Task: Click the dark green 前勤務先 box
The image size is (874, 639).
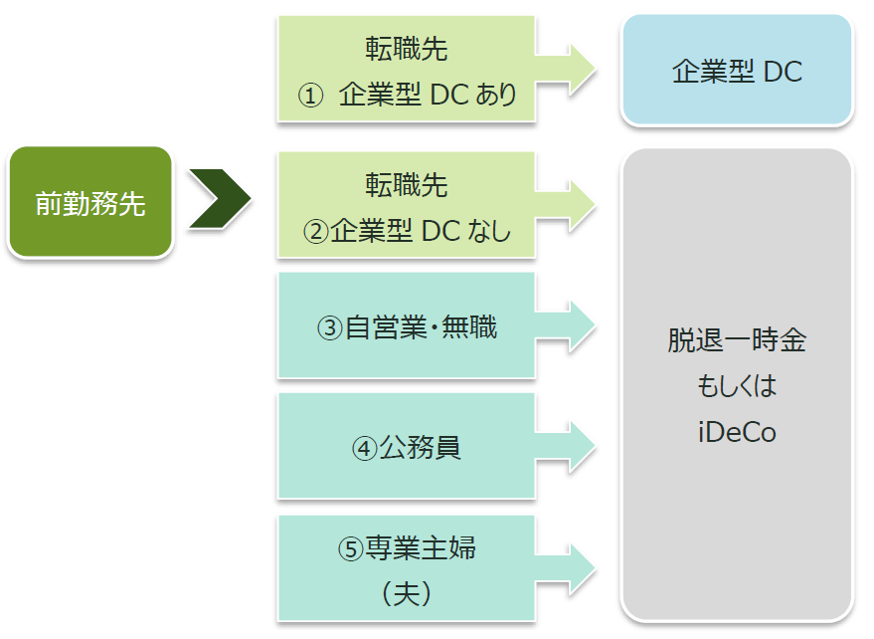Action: click(x=90, y=202)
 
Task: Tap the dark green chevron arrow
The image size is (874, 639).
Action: click(x=220, y=199)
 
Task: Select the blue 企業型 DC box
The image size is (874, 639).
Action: click(x=737, y=70)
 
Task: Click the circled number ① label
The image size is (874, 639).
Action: click(x=310, y=95)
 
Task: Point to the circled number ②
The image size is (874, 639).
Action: click(x=316, y=231)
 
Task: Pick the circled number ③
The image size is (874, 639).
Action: click(x=330, y=327)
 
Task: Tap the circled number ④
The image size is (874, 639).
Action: click(x=365, y=448)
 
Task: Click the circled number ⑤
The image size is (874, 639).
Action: click(x=351, y=548)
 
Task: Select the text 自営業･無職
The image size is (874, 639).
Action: click(x=421, y=327)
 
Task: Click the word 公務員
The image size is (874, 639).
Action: click(x=421, y=448)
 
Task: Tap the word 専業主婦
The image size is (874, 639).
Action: click(x=421, y=548)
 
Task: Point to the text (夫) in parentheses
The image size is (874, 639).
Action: click(x=407, y=593)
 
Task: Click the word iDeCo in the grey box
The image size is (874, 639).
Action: click(x=737, y=432)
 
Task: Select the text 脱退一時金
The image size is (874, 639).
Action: click(x=737, y=339)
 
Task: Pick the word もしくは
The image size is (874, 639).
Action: click(x=737, y=386)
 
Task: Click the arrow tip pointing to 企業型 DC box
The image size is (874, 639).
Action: click(x=596, y=70)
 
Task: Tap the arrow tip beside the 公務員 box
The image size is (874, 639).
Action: click(x=596, y=448)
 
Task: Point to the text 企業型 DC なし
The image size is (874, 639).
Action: click(x=421, y=231)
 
